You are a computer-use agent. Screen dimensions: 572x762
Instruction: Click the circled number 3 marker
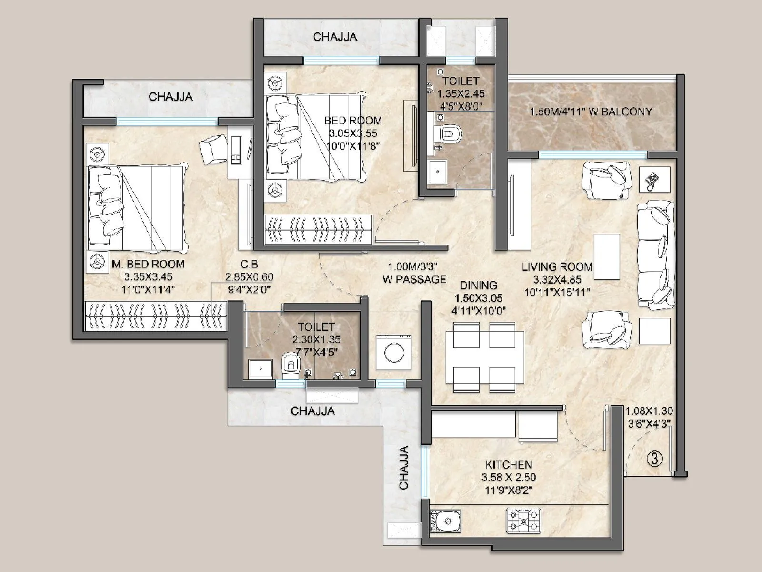click(655, 459)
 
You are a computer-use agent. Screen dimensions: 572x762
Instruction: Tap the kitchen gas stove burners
click(524, 521)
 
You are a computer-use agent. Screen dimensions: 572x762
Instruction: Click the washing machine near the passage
click(393, 352)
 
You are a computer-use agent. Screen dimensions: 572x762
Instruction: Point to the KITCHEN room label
click(509, 464)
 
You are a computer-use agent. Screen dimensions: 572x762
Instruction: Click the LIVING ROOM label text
click(556, 267)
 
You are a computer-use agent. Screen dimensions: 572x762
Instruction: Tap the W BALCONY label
click(591, 112)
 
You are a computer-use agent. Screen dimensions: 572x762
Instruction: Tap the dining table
click(484, 357)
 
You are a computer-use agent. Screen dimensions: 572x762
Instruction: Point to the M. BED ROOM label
click(148, 264)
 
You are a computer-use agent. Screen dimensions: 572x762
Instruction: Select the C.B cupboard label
click(249, 264)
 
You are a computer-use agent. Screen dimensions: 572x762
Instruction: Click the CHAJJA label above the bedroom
click(335, 37)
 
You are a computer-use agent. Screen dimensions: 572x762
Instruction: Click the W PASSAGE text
click(414, 279)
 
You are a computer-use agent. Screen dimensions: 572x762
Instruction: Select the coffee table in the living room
click(606, 256)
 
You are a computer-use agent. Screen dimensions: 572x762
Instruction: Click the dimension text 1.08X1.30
click(649, 411)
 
